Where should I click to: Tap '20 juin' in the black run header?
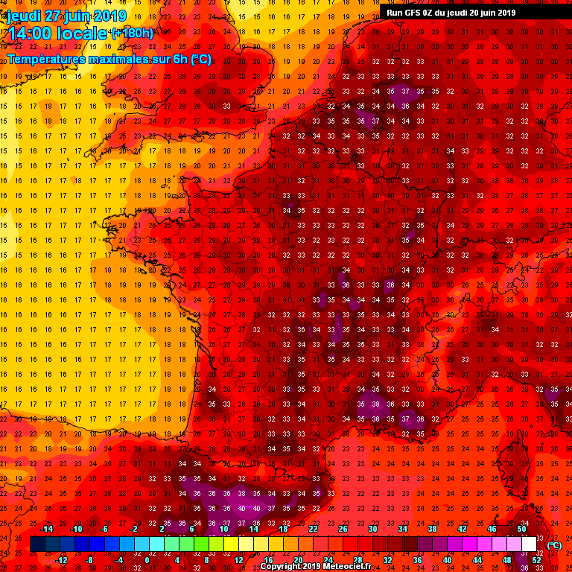[486, 12]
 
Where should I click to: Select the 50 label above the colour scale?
[521, 529]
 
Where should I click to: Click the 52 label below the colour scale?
[537, 560]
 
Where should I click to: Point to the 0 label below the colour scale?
[147, 560]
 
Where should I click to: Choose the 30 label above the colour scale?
[372, 529]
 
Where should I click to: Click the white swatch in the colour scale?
[529, 544]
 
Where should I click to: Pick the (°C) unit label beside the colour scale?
[554, 545]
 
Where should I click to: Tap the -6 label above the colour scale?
[104, 529]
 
